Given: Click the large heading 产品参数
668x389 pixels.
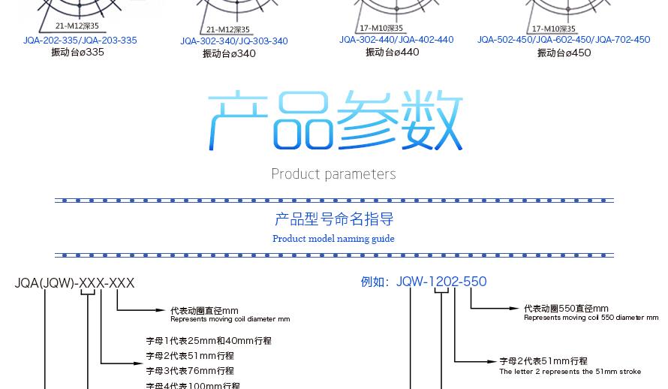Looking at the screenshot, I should pyautogui.click(x=335, y=121).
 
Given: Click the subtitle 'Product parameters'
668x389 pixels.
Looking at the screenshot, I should pyautogui.click(x=333, y=174).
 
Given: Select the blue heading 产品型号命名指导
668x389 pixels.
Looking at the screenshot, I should pyautogui.click(x=334, y=219).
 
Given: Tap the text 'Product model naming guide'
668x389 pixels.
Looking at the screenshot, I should pyautogui.click(x=333, y=239).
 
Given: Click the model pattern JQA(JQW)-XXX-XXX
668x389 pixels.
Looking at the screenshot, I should pyautogui.click(x=74, y=283).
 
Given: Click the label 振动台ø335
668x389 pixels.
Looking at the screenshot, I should pyautogui.click(x=77, y=53).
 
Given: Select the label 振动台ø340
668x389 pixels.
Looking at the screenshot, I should pyautogui.click(x=229, y=54).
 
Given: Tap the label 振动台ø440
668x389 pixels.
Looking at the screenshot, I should pyautogui.click(x=392, y=53).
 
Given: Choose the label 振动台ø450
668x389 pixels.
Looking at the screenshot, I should pyautogui.click(x=564, y=53).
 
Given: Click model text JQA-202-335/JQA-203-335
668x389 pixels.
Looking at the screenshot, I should pyautogui.click(x=80, y=41).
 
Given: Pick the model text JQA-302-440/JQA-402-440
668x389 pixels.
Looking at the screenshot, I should pyautogui.click(x=396, y=40).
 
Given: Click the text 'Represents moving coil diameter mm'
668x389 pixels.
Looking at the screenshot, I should pyautogui.click(x=230, y=319).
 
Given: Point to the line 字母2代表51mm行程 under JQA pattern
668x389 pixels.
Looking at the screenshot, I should pyautogui.click(x=190, y=356).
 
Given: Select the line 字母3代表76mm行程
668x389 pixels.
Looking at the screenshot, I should pyautogui.click(x=190, y=371).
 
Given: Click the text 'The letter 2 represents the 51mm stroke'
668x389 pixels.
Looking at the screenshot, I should pyautogui.click(x=570, y=372).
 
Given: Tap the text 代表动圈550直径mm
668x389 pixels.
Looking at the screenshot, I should pyautogui.click(x=566, y=309).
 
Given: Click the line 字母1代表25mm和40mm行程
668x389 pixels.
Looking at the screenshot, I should pyautogui.click(x=209, y=341).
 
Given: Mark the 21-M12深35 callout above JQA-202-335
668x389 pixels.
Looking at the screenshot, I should pyautogui.click(x=77, y=26).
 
